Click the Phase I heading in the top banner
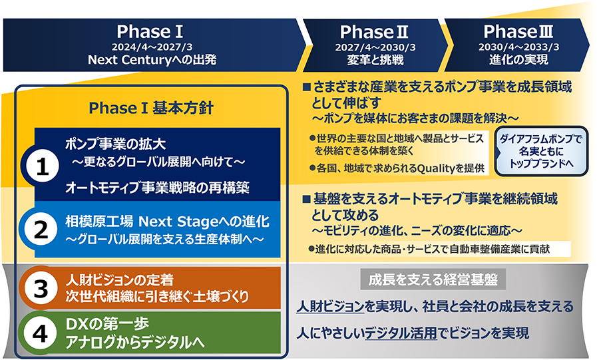(x=150, y=32)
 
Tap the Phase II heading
(x=374, y=32)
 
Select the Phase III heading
(x=518, y=32)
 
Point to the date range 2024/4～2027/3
(x=152, y=47)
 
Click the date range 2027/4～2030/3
(x=375, y=47)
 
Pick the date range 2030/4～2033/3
(x=518, y=47)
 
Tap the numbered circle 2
(x=41, y=230)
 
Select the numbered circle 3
(x=41, y=288)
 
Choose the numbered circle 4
(x=40, y=333)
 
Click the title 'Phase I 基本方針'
(x=151, y=108)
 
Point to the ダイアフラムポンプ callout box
(x=541, y=151)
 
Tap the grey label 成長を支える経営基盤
(x=433, y=279)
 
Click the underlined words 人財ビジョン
(x=330, y=307)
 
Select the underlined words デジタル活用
(x=401, y=333)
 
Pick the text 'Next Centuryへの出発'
(x=152, y=60)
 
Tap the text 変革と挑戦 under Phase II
(x=375, y=60)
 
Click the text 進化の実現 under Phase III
(x=518, y=59)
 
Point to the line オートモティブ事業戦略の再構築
(x=157, y=188)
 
